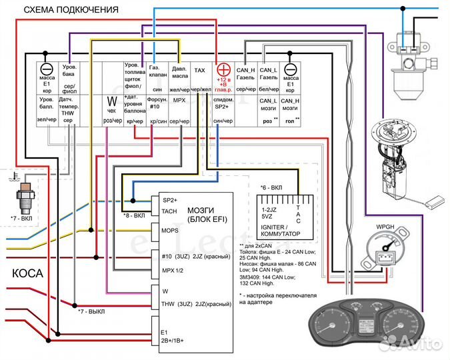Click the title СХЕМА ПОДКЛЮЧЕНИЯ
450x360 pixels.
71,11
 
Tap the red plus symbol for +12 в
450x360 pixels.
223,69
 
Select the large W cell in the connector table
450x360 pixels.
112,103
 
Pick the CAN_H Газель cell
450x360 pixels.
246,78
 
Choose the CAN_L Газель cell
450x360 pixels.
268,78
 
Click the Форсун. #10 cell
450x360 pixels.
157,109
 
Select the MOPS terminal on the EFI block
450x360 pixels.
170,230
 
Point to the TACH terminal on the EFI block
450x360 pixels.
169,211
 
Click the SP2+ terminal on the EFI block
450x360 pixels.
170,200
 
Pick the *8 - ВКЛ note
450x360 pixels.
135,215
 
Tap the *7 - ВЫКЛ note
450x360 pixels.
92,311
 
